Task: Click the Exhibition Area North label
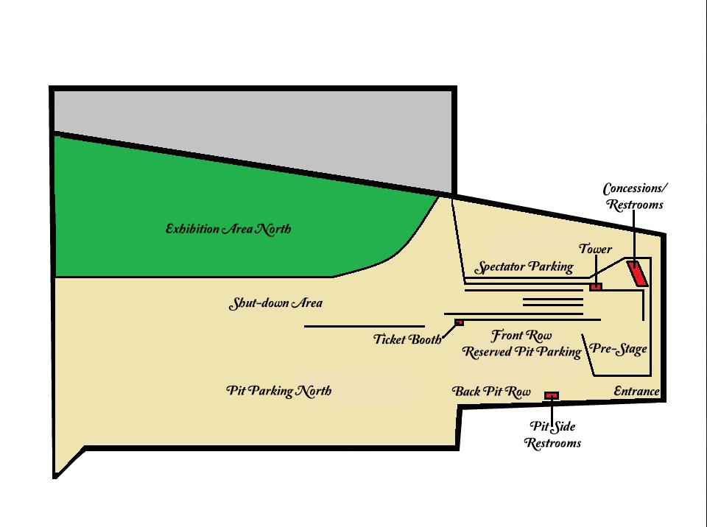[228, 229]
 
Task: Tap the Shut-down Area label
[275, 303]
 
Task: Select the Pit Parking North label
[278, 391]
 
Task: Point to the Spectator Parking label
[524, 267]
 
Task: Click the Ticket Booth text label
[407, 339]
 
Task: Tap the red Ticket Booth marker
[459, 322]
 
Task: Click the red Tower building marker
[596, 287]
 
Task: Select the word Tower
[595, 249]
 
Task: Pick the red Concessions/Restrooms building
[638, 274]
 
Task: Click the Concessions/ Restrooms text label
[635, 197]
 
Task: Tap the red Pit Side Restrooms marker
[552, 396]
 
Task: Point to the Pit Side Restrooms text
[552, 435]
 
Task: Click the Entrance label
[636, 392]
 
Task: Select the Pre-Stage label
[618, 348]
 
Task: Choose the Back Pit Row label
[491, 392]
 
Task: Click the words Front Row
[521, 336]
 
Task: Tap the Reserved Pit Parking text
[521, 352]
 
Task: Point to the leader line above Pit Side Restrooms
[552, 409]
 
